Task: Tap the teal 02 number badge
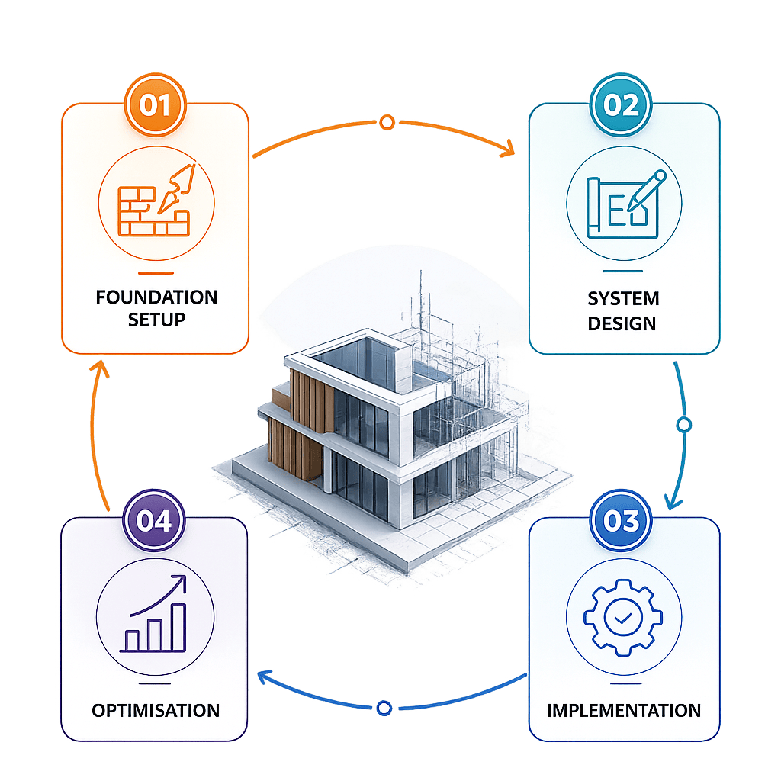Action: click(x=622, y=105)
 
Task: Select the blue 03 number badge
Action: click(x=622, y=522)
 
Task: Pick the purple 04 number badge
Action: click(x=155, y=522)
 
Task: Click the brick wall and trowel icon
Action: click(x=155, y=198)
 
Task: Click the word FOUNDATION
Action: click(x=156, y=297)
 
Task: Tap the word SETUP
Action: click(x=156, y=320)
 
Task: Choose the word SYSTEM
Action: click(x=623, y=298)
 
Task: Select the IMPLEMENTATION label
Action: click(x=624, y=711)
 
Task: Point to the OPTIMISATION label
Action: click(x=156, y=711)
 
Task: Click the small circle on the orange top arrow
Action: click(x=387, y=122)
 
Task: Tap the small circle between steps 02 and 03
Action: click(x=683, y=424)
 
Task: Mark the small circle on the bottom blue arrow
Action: click(x=384, y=709)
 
